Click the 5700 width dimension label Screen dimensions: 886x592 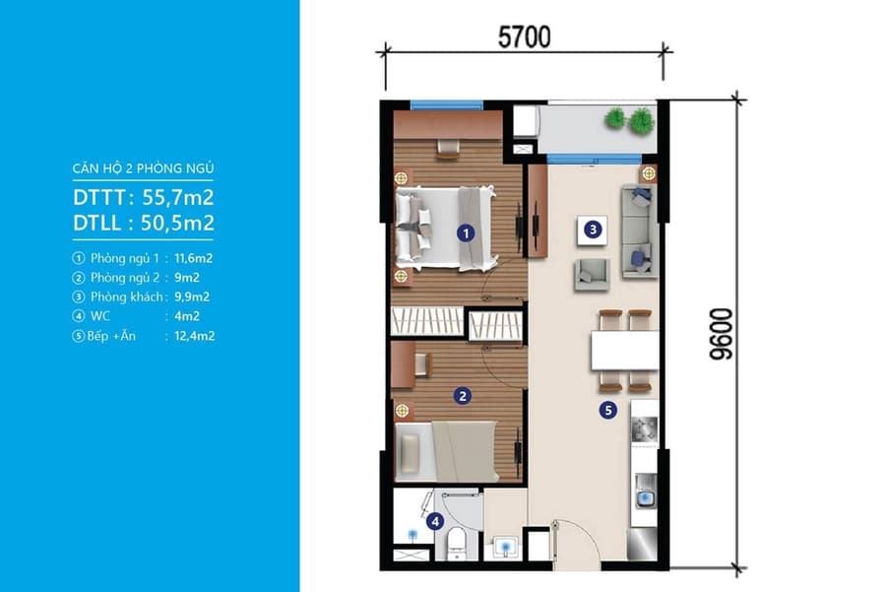point(524,37)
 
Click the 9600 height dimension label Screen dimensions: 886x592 point(722,334)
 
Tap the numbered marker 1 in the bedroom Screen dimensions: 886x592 point(466,232)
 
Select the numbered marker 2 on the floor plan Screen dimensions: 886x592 point(463,396)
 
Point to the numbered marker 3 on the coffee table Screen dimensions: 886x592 point(593,229)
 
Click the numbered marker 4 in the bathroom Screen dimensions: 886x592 point(435,521)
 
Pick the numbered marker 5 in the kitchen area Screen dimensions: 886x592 point(608,410)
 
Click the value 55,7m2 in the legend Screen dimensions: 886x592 point(178,197)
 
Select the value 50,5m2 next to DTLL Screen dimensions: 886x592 point(178,223)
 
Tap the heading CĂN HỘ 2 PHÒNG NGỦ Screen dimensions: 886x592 point(143,168)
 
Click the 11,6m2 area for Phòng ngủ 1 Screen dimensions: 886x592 point(194,258)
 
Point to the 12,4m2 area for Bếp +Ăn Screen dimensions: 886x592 point(194,336)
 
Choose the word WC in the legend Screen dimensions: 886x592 point(100,316)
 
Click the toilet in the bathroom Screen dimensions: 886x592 point(456,544)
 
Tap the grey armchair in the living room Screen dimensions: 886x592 point(593,274)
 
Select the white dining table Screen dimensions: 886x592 point(624,351)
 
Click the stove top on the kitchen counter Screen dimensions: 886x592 point(645,429)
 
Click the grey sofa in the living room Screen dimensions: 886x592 point(640,230)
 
